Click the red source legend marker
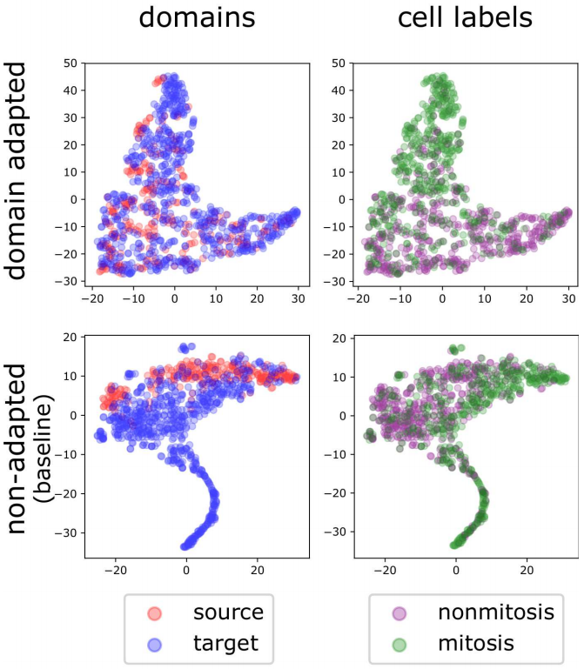click(x=153, y=611)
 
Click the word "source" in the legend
click(x=228, y=611)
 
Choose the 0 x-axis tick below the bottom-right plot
click(x=455, y=572)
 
